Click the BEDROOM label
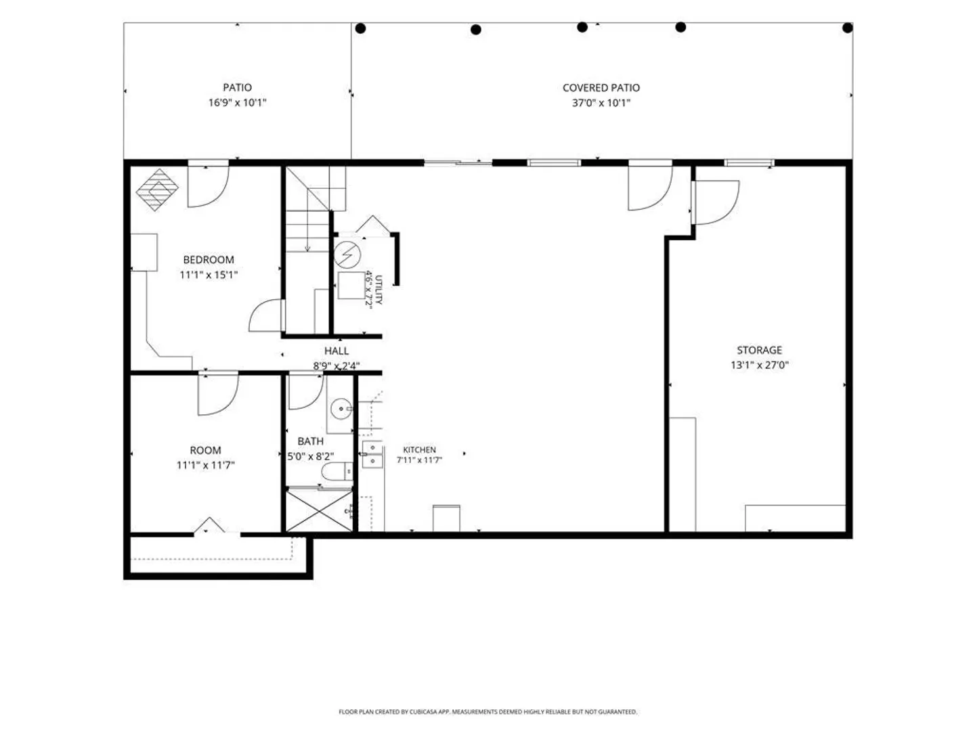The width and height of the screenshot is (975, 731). (209, 260)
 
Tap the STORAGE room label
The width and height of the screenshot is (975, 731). (759, 350)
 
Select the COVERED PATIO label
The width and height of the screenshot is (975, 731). (601, 88)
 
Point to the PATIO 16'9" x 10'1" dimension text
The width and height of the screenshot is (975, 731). (237, 103)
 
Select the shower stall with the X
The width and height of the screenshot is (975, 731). (319, 510)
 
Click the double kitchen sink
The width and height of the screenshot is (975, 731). (372, 454)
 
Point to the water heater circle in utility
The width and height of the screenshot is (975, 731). (347, 254)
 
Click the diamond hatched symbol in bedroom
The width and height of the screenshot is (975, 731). (157, 190)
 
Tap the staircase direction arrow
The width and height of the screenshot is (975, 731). (307, 231)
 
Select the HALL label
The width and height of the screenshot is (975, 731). (337, 351)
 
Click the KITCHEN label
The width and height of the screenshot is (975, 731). (419, 449)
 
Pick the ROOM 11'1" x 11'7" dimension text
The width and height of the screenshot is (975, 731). (205, 465)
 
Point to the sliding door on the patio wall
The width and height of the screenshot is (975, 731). (458, 163)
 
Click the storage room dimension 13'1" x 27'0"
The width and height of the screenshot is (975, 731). (759, 365)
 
